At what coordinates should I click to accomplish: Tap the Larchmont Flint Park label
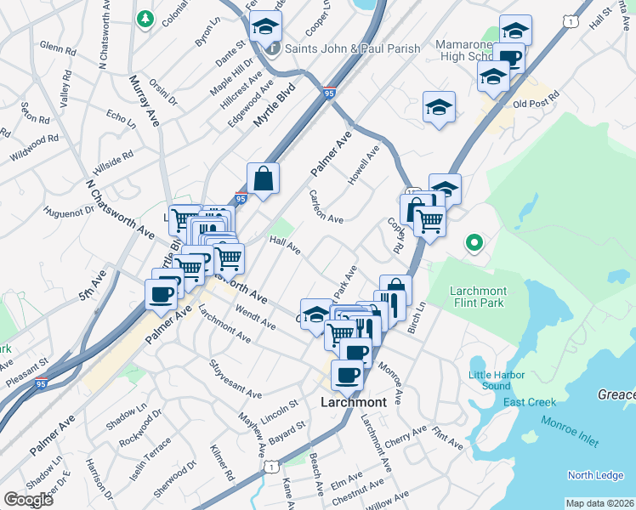477,297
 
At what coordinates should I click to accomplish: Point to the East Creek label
529,402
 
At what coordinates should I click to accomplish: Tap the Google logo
28,499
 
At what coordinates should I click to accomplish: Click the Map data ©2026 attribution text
599,503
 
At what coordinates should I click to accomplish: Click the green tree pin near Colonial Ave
145,19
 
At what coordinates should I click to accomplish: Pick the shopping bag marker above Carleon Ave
264,178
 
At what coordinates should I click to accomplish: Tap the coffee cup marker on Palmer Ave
161,294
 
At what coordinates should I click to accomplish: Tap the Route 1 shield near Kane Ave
271,467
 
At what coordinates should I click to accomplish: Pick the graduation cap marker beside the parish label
265,28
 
